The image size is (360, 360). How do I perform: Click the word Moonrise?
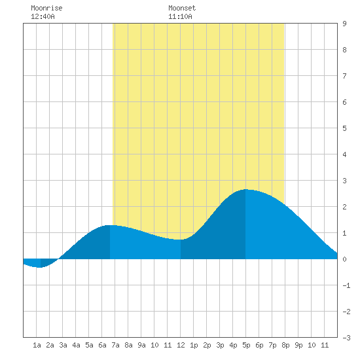tap(46, 8)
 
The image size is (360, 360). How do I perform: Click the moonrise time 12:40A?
tap(43, 16)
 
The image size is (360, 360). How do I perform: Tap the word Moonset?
tap(182, 8)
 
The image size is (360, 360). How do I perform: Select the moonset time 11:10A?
tap(180, 16)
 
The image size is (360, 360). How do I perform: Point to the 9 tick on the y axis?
tap(344, 24)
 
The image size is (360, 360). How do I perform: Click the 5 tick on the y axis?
tap(344, 128)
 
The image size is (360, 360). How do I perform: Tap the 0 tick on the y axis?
tap(344, 259)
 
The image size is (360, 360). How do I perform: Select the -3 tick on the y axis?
tap(346, 338)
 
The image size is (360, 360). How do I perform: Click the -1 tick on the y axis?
tap(346, 285)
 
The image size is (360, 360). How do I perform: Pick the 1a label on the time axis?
tap(37, 345)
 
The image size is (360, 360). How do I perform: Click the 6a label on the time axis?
tap(102, 345)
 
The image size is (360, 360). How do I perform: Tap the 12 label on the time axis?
tap(181, 345)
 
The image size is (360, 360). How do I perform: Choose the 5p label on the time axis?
tap(246, 345)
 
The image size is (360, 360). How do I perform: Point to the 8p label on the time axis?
tap(285, 345)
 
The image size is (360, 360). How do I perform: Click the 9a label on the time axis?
tap(141, 345)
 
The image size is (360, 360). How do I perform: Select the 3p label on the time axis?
tap(220, 345)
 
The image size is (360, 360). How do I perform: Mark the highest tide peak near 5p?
tap(245, 189)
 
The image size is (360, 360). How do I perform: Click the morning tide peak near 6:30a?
tap(110, 225)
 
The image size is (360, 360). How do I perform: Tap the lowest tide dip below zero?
tap(41, 267)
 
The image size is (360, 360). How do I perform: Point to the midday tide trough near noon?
tap(181, 240)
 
